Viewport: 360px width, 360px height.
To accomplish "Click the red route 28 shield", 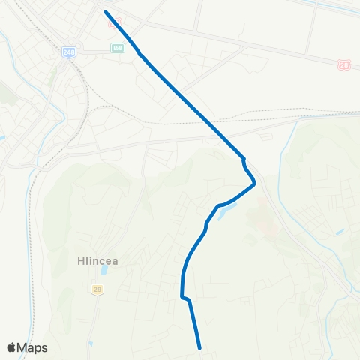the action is (x=343, y=65).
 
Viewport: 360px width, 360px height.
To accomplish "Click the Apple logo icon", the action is (x=11, y=347).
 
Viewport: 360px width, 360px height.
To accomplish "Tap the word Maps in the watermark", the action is (x=33, y=347).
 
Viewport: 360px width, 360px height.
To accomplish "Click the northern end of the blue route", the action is (x=105, y=12).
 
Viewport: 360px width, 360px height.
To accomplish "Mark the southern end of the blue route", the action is (x=200, y=348).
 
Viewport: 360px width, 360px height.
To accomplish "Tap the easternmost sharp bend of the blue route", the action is (x=255, y=181).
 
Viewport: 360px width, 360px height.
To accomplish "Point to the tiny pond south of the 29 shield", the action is (x=89, y=343).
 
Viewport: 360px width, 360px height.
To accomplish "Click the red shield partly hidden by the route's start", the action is (x=113, y=22).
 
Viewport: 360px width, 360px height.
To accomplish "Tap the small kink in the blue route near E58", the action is (x=139, y=52).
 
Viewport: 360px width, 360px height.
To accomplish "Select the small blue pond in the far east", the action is (x=341, y=232).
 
